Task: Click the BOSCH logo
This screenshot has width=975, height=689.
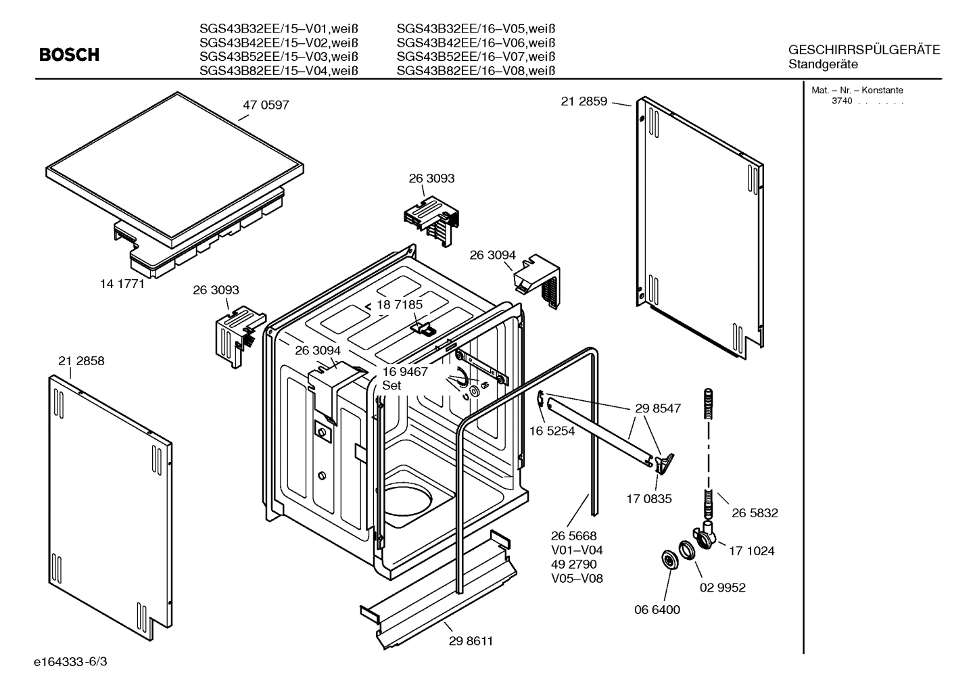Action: click(x=69, y=55)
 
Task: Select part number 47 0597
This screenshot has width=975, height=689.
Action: click(x=266, y=105)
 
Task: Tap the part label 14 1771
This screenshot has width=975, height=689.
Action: click(x=122, y=284)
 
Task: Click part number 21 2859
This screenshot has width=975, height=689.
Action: click(x=584, y=101)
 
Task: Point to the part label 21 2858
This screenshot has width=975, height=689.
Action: click(x=81, y=361)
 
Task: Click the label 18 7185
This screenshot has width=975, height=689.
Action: click(x=399, y=305)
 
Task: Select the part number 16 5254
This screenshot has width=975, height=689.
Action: click(x=552, y=431)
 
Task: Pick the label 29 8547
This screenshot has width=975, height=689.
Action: click(x=657, y=408)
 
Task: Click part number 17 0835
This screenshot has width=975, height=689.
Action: click(x=649, y=499)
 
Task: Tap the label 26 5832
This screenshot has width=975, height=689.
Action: click(x=755, y=513)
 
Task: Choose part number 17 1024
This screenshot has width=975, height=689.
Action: click(x=751, y=551)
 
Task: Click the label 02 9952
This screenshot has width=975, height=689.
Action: click(x=722, y=588)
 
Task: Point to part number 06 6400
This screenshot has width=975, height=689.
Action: click(x=657, y=609)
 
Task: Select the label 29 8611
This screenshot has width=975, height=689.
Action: click(x=471, y=641)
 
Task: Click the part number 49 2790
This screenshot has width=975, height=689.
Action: click(x=573, y=564)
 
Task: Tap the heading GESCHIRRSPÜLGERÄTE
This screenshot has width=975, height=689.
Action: click(x=863, y=50)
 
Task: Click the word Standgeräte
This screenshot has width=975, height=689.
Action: click(x=823, y=65)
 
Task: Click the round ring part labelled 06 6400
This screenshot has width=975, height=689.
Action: click(x=669, y=561)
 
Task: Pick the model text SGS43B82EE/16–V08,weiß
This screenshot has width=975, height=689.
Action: click(x=475, y=71)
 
